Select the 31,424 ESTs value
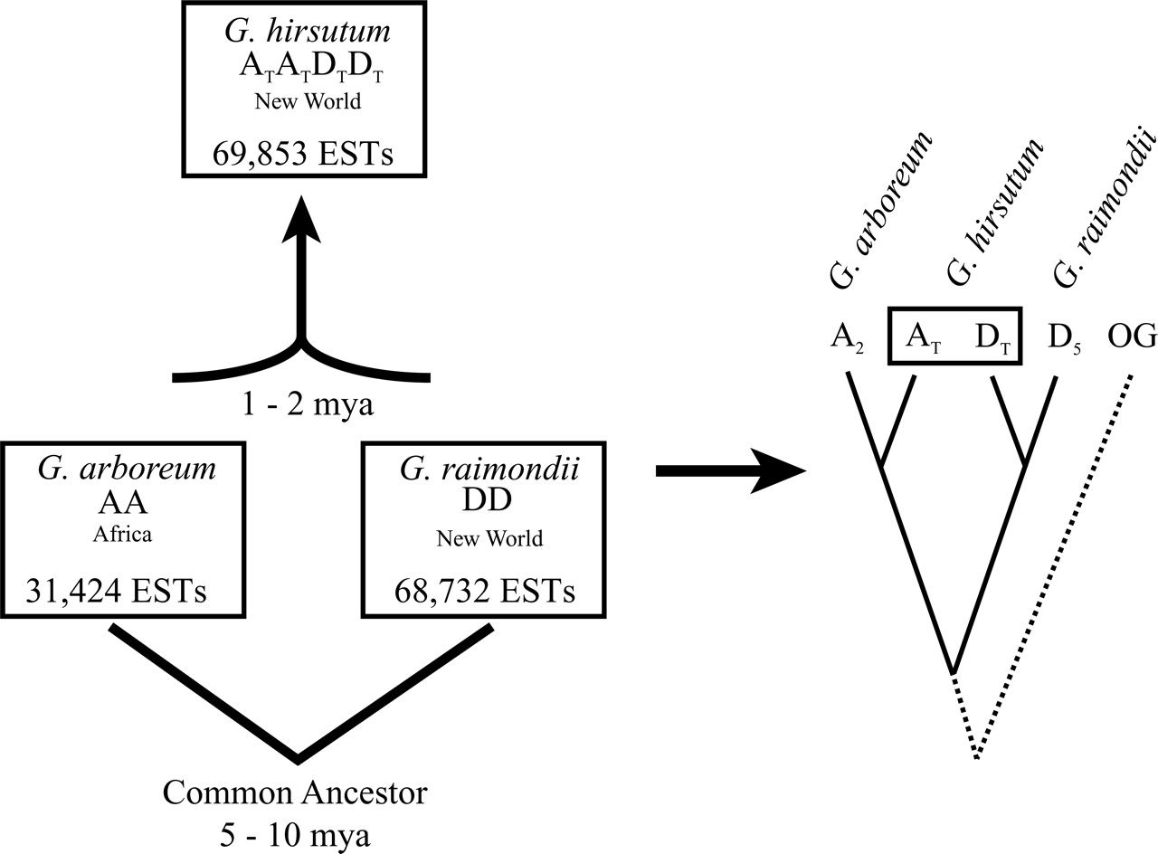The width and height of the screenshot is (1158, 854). click(116, 592)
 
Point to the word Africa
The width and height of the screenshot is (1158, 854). click(122, 534)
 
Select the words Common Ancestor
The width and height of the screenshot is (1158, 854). click(295, 794)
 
